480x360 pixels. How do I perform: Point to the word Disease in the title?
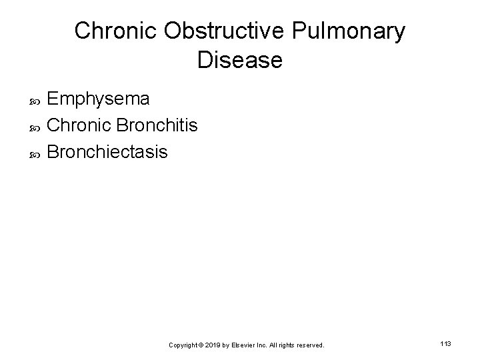pyautogui.click(x=240, y=61)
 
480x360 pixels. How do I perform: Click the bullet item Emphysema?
pyautogui.click(x=99, y=99)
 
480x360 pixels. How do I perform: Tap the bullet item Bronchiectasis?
pyautogui.click(x=108, y=152)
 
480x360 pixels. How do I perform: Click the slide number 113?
pyautogui.click(x=446, y=343)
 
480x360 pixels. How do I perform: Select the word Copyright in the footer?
pyautogui.click(x=183, y=345)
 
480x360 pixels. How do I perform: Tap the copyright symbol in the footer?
pyautogui.click(x=201, y=345)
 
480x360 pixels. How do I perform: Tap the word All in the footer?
pyautogui.click(x=273, y=345)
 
